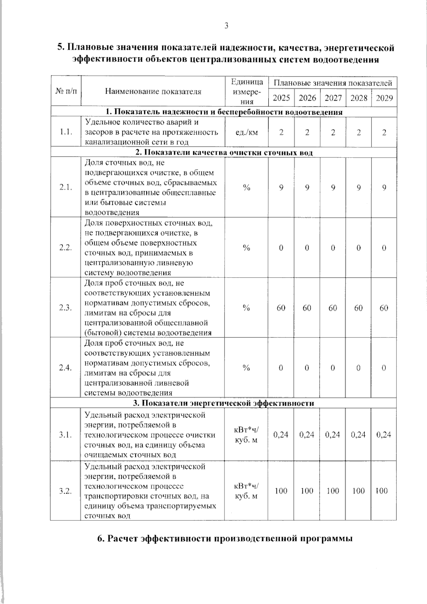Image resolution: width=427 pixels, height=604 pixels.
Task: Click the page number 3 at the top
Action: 226,26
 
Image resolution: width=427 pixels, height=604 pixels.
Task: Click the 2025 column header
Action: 281,98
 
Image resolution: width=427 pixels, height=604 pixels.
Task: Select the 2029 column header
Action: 384,98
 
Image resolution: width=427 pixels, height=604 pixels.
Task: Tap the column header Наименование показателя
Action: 153,91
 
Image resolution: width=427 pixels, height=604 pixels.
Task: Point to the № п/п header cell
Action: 66,91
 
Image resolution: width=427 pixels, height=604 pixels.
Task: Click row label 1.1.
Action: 66,132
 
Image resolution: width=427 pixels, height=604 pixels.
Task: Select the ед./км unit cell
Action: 247,132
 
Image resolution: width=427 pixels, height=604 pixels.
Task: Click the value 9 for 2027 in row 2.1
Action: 333,188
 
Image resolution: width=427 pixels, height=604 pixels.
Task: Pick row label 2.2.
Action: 66,248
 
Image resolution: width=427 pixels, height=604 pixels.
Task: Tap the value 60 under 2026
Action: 307,308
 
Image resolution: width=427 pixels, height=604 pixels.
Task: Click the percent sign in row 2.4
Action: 247,368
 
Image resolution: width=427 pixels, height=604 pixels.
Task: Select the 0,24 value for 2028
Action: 358,435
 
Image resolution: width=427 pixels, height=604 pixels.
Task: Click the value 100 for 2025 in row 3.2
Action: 281,491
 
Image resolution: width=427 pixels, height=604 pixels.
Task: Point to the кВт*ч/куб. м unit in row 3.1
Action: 247,435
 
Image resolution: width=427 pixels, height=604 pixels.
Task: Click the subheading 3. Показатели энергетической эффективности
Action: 223,403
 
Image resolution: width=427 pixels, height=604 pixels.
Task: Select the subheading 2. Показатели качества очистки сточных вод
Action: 223,153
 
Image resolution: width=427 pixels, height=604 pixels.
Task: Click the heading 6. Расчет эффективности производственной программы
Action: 225,538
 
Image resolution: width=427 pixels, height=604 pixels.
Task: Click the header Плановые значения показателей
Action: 333,83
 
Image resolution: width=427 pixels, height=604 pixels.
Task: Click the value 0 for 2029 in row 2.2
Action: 384,248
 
